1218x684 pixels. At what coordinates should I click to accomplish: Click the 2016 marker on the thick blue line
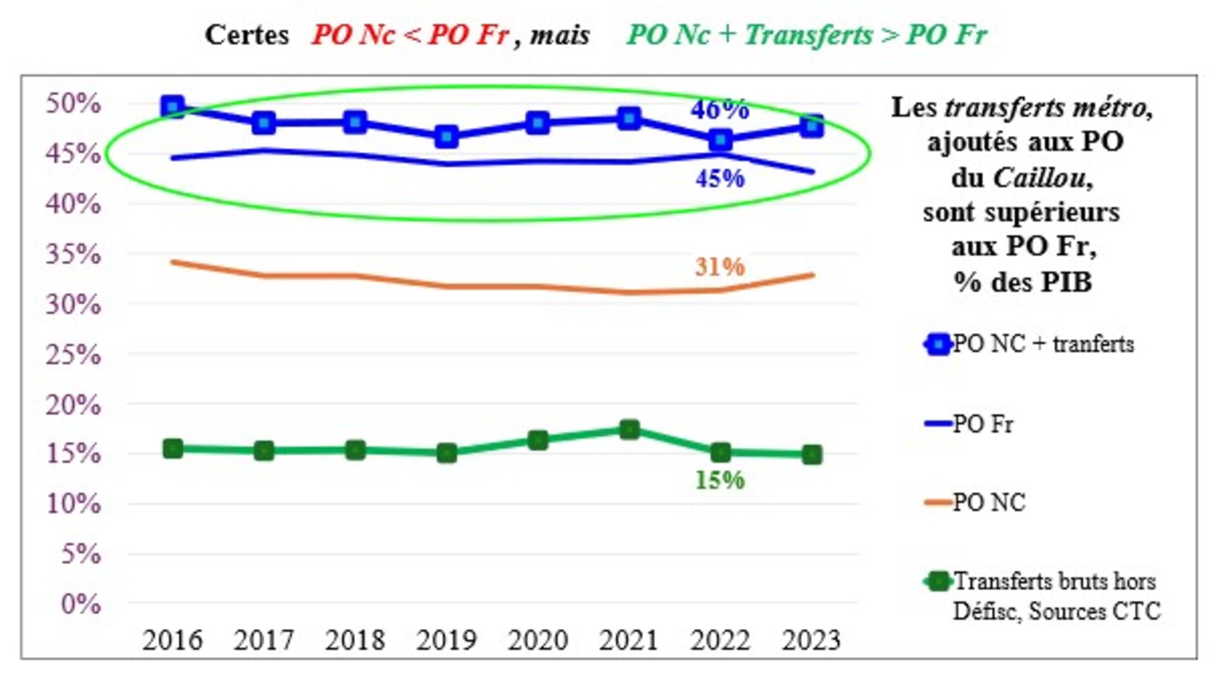click(x=173, y=107)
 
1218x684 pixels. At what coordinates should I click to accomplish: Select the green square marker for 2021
click(x=629, y=429)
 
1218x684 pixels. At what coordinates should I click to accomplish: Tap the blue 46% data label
click(x=719, y=109)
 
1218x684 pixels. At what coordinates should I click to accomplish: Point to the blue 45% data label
click(x=720, y=178)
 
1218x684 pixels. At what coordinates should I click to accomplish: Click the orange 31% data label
click(x=720, y=267)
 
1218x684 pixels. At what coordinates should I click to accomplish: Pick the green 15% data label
click(x=720, y=480)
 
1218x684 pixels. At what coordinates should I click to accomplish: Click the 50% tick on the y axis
click(x=74, y=103)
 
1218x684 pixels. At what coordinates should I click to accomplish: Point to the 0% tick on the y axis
click(x=81, y=604)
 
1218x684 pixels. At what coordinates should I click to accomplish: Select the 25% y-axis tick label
click(x=74, y=354)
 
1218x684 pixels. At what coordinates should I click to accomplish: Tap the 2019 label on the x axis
click(x=446, y=640)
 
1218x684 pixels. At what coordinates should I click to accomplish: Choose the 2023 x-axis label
click(x=811, y=640)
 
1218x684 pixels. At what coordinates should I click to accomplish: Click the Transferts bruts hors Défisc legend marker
click(x=938, y=582)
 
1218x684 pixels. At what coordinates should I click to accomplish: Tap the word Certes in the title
click(x=247, y=35)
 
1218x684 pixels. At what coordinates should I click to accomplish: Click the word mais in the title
click(x=560, y=35)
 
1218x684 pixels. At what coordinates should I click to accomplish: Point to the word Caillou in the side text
click(x=1039, y=178)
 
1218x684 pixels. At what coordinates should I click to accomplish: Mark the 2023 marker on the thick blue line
click(x=812, y=126)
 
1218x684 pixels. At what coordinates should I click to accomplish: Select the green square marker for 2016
click(x=173, y=448)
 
